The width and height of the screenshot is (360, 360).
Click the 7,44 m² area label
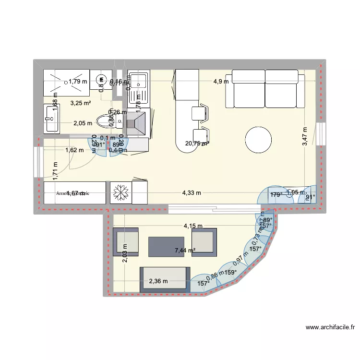click(x=185, y=250)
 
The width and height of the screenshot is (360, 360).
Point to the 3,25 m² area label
click(x=80, y=103)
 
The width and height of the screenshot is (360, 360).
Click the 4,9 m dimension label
click(x=221, y=82)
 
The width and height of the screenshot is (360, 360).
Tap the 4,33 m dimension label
click(x=191, y=193)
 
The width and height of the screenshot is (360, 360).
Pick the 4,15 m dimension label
click(x=192, y=226)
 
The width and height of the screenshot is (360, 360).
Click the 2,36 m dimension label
click(x=158, y=281)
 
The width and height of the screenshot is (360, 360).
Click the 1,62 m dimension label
click(x=74, y=150)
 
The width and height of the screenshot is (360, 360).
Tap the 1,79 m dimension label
click(x=78, y=82)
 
